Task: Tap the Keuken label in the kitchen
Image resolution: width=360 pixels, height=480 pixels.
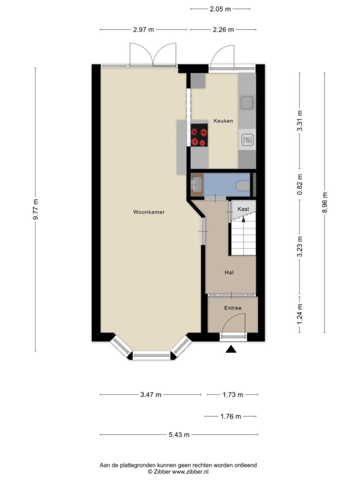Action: coord(223,121)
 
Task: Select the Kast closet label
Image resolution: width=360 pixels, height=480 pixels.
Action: coord(243,209)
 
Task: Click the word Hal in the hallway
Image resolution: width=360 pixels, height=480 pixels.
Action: coord(229,272)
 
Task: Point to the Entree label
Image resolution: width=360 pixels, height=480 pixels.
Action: coord(233,308)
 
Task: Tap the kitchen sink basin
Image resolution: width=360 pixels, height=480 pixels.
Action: coord(247,103)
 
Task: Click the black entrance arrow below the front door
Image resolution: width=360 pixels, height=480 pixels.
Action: coord(231,349)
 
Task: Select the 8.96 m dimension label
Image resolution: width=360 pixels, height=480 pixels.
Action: coord(324,203)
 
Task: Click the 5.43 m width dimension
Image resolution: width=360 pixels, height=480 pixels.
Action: coord(179,435)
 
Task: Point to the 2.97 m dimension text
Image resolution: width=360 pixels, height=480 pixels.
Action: coord(144,30)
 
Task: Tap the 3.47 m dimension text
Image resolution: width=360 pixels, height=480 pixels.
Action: coord(150,395)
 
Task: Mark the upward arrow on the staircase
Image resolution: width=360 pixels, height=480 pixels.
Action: coord(243,219)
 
